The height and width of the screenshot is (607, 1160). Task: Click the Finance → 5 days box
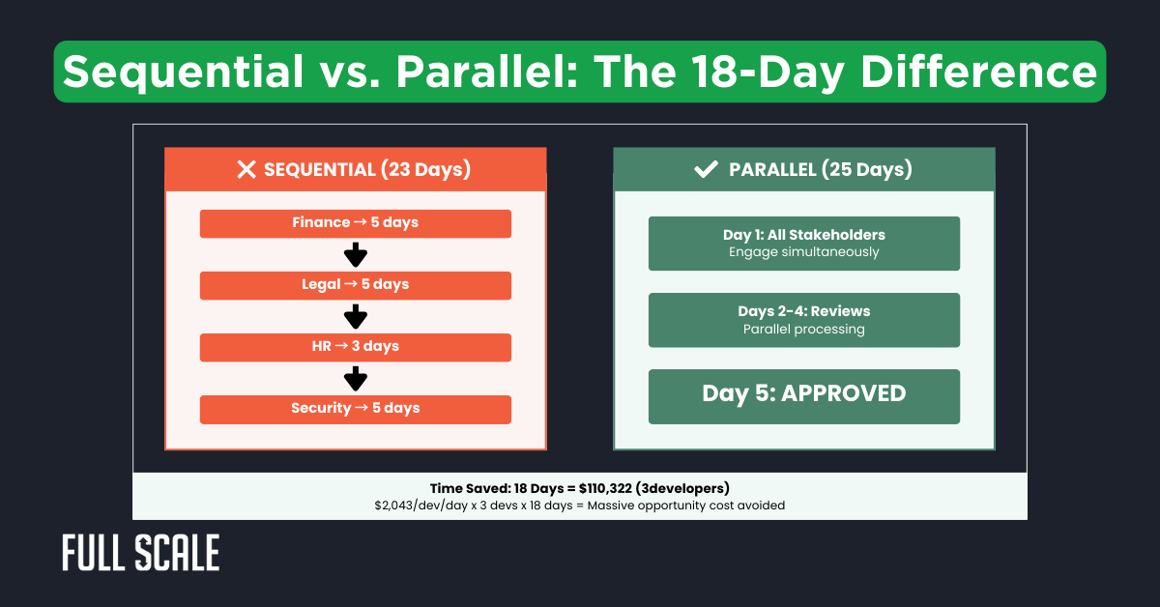click(355, 223)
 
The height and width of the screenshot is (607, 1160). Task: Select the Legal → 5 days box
click(355, 285)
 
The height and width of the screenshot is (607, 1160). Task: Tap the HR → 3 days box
click(355, 347)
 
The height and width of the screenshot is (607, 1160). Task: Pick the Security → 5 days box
click(355, 409)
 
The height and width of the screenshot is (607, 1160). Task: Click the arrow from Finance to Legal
click(356, 255)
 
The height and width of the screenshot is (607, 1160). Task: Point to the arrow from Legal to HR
click(356, 317)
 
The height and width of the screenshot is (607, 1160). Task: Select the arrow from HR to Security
click(356, 378)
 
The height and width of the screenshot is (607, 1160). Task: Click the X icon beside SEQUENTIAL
click(246, 170)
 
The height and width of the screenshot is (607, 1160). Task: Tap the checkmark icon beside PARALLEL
click(706, 170)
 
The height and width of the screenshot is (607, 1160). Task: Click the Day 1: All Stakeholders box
click(803, 244)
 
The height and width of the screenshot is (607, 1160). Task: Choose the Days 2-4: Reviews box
click(803, 320)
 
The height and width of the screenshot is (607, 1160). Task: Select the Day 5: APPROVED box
click(803, 395)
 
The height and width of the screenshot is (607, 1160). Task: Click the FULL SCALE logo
click(140, 553)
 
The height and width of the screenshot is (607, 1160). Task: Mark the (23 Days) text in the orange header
click(425, 170)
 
